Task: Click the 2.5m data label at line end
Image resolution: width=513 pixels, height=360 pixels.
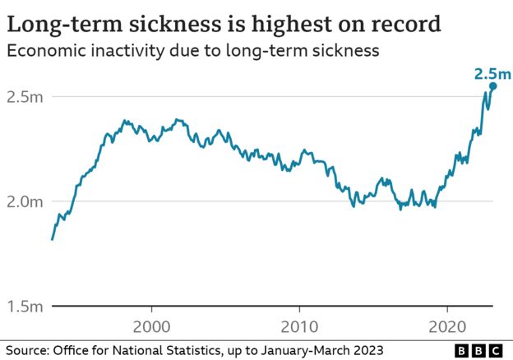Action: (492, 73)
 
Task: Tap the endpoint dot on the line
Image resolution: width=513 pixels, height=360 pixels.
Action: (492, 86)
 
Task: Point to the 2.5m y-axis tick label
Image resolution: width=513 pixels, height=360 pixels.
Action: (25, 97)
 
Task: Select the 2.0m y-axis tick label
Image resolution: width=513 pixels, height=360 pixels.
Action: (25, 201)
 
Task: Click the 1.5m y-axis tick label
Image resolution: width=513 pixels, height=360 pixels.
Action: (25, 307)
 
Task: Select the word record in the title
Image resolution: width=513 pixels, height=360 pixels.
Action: (400, 22)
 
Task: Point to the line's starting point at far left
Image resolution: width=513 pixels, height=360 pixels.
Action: (53, 239)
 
